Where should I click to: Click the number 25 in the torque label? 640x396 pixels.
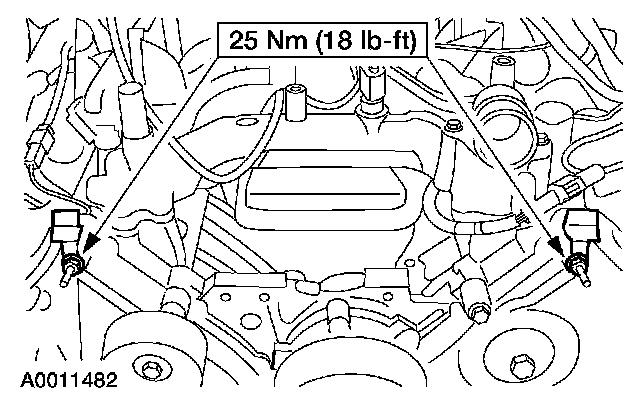tap(244, 40)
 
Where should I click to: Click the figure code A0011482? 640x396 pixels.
tap(69, 380)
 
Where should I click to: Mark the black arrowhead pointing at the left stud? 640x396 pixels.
tap(91, 244)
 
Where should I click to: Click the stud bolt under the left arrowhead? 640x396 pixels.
tap(71, 270)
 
